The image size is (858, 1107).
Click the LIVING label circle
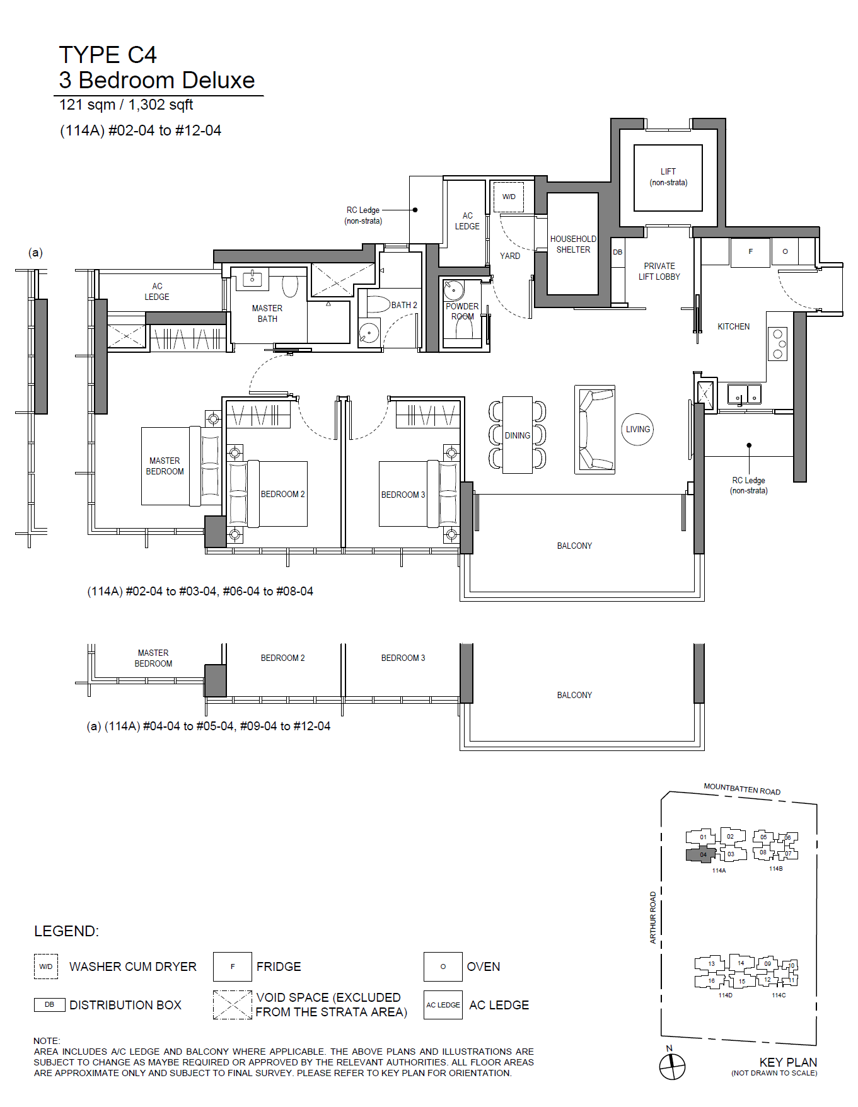[x=637, y=414]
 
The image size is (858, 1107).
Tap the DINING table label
[x=518, y=435]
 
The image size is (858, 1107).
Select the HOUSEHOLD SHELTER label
[x=573, y=244]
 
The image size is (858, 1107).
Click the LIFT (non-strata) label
[x=668, y=177]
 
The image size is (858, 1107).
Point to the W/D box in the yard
[x=509, y=197]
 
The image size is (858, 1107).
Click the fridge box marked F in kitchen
[x=750, y=252]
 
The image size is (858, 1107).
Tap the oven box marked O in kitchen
[x=785, y=252]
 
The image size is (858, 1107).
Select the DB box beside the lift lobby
[x=618, y=253]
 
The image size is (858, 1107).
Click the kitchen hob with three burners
[x=778, y=344]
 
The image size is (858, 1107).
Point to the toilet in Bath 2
[x=379, y=305]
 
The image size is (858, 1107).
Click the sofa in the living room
[x=594, y=430]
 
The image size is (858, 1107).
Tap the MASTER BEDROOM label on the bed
[x=165, y=466]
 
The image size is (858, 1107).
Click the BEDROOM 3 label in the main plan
[x=403, y=495]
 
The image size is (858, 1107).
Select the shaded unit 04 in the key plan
[x=700, y=855]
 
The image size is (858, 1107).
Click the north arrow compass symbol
[x=672, y=1067]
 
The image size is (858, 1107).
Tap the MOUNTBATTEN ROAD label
[x=742, y=789]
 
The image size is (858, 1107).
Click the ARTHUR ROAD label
[x=653, y=917]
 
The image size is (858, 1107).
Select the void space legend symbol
[x=232, y=1005]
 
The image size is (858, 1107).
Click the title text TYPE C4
[x=108, y=55]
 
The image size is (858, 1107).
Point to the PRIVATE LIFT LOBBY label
[x=659, y=272]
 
